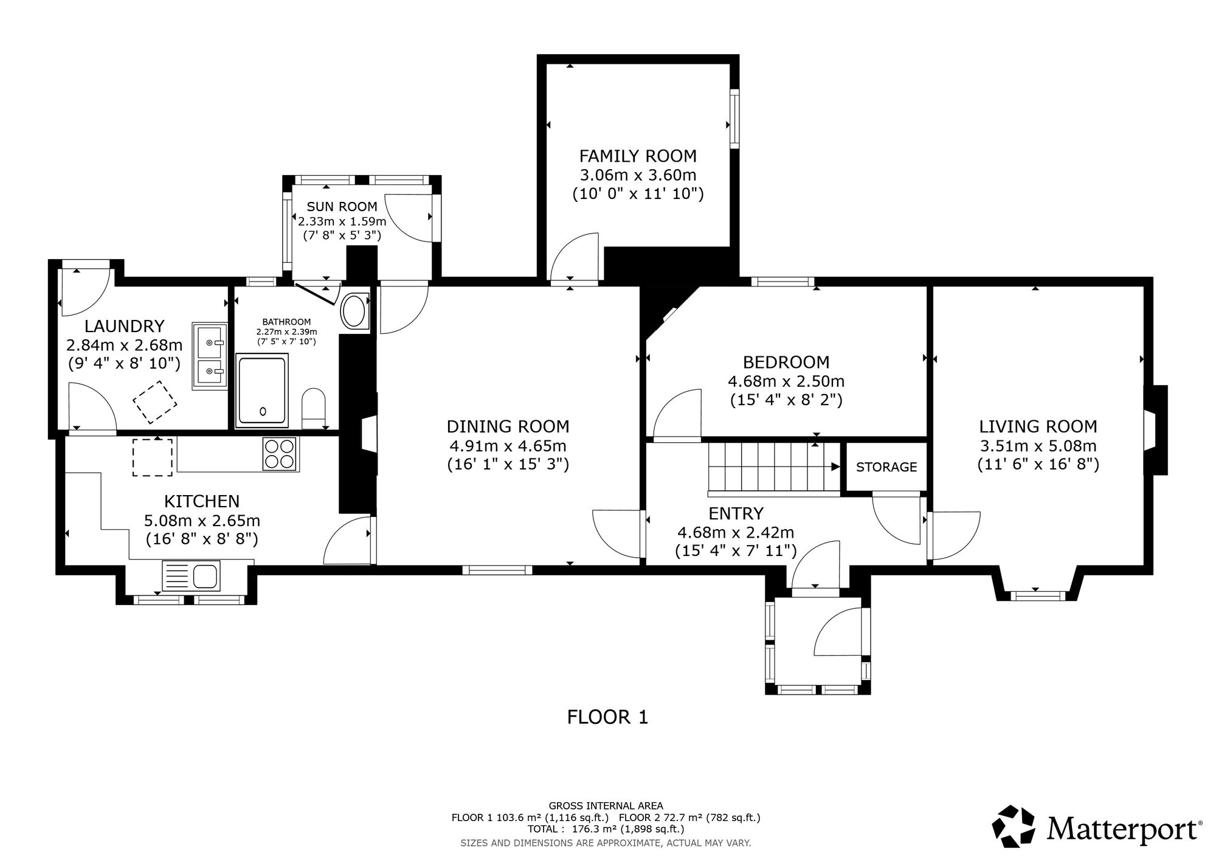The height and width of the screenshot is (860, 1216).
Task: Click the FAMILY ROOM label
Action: pyautogui.click(x=638, y=156)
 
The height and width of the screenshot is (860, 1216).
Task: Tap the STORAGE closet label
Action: pyautogui.click(x=886, y=467)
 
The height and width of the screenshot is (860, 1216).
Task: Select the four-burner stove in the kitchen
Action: pyautogui.click(x=280, y=454)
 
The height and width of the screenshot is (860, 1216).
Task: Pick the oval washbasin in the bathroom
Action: pyautogui.click(x=354, y=311)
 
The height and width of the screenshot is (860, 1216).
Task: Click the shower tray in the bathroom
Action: pyautogui.click(x=263, y=390)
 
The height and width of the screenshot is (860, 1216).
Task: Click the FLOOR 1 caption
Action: pyautogui.click(x=607, y=718)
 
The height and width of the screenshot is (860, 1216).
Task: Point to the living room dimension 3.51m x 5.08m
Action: pyautogui.click(x=1038, y=446)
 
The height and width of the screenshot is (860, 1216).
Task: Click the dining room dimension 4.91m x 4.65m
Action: pyautogui.click(x=508, y=446)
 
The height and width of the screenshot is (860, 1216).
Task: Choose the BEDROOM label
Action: pyautogui.click(x=786, y=362)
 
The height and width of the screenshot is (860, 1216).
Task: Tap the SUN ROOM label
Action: pyautogui.click(x=342, y=207)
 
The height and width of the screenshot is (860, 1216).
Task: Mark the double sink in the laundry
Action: pyautogui.click(x=210, y=356)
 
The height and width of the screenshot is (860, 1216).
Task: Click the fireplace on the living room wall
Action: pyautogui.click(x=1155, y=430)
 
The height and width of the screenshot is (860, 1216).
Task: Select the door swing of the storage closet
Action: pyautogui.click(x=896, y=521)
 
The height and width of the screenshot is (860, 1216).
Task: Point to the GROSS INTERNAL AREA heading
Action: pyautogui.click(x=606, y=806)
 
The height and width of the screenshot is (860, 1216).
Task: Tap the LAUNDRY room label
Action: pyautogui.click(x=124, y=327)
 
